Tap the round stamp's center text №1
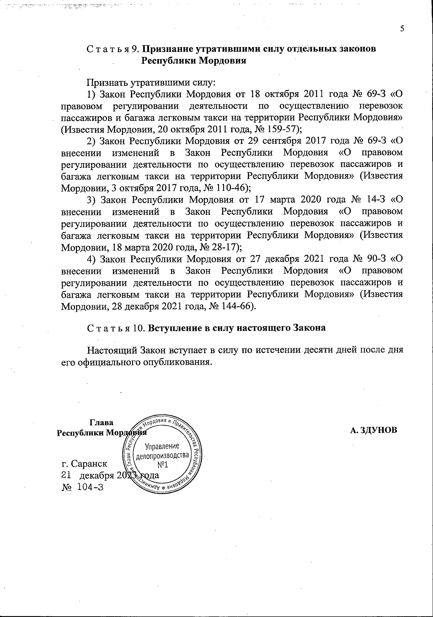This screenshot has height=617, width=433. click(162, 465)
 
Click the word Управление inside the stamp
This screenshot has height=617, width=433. click(162, 447)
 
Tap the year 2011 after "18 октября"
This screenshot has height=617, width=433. click(314, 95)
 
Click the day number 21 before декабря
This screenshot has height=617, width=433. click(67, 475)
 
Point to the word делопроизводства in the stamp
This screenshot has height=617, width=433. click(162, 456)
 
